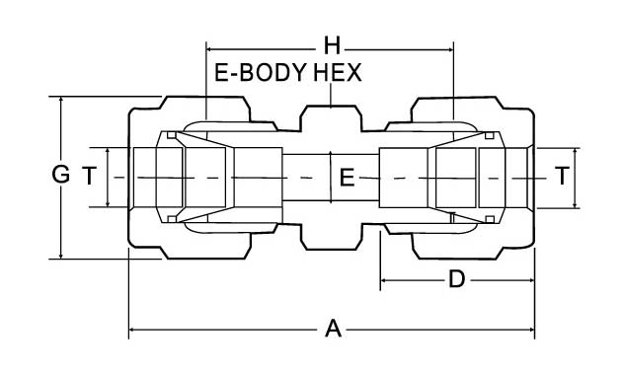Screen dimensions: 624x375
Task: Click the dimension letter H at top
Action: (332, 45)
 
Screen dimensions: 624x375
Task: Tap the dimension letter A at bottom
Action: (333, 329)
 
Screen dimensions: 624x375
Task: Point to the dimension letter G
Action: (60, 175)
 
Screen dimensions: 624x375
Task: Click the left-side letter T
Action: (90, 177)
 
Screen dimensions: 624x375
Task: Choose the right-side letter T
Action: (563, 177)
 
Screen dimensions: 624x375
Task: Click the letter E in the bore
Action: (347, 178)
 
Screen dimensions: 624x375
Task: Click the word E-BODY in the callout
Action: (261, 73)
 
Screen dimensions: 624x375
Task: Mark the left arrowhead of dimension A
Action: (132, 330)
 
